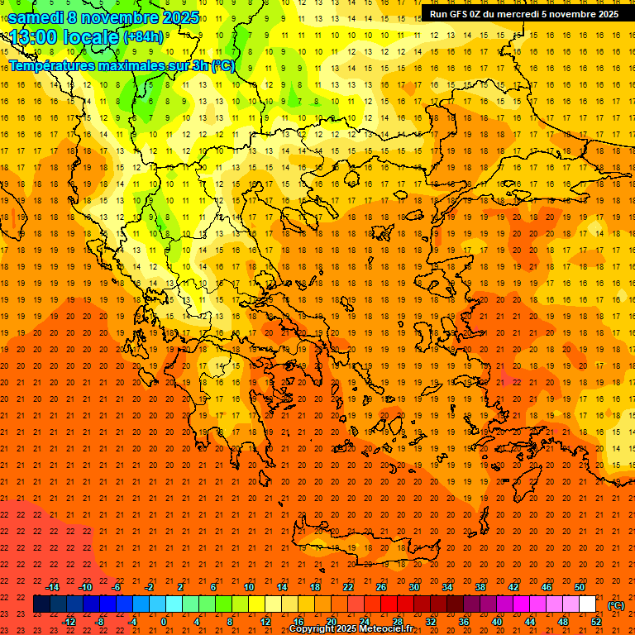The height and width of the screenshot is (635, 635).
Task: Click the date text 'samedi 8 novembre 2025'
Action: (x=103, y=17)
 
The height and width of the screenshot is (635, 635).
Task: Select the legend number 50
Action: (x=580, y=587)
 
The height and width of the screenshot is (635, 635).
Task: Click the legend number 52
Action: (x=596, y=622)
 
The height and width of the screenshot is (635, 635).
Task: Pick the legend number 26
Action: (x=381, y=587)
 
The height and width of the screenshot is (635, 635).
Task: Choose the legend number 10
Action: (x=248, y=587)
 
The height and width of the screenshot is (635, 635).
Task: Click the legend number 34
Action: (x=447, y=587)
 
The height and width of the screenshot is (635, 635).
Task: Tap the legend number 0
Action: (x=165, y=622)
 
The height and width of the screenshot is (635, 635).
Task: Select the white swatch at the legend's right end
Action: (x=588, y=604)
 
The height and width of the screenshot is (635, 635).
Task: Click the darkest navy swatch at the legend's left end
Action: (x=41, y=604)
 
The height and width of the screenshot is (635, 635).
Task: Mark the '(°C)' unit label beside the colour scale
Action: (x=616, y=605)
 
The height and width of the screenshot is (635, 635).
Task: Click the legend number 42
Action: (x=513, y=587)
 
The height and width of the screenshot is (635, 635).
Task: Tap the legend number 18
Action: (x=315, y=587)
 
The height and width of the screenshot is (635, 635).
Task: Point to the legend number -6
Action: (x=117, y=587)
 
